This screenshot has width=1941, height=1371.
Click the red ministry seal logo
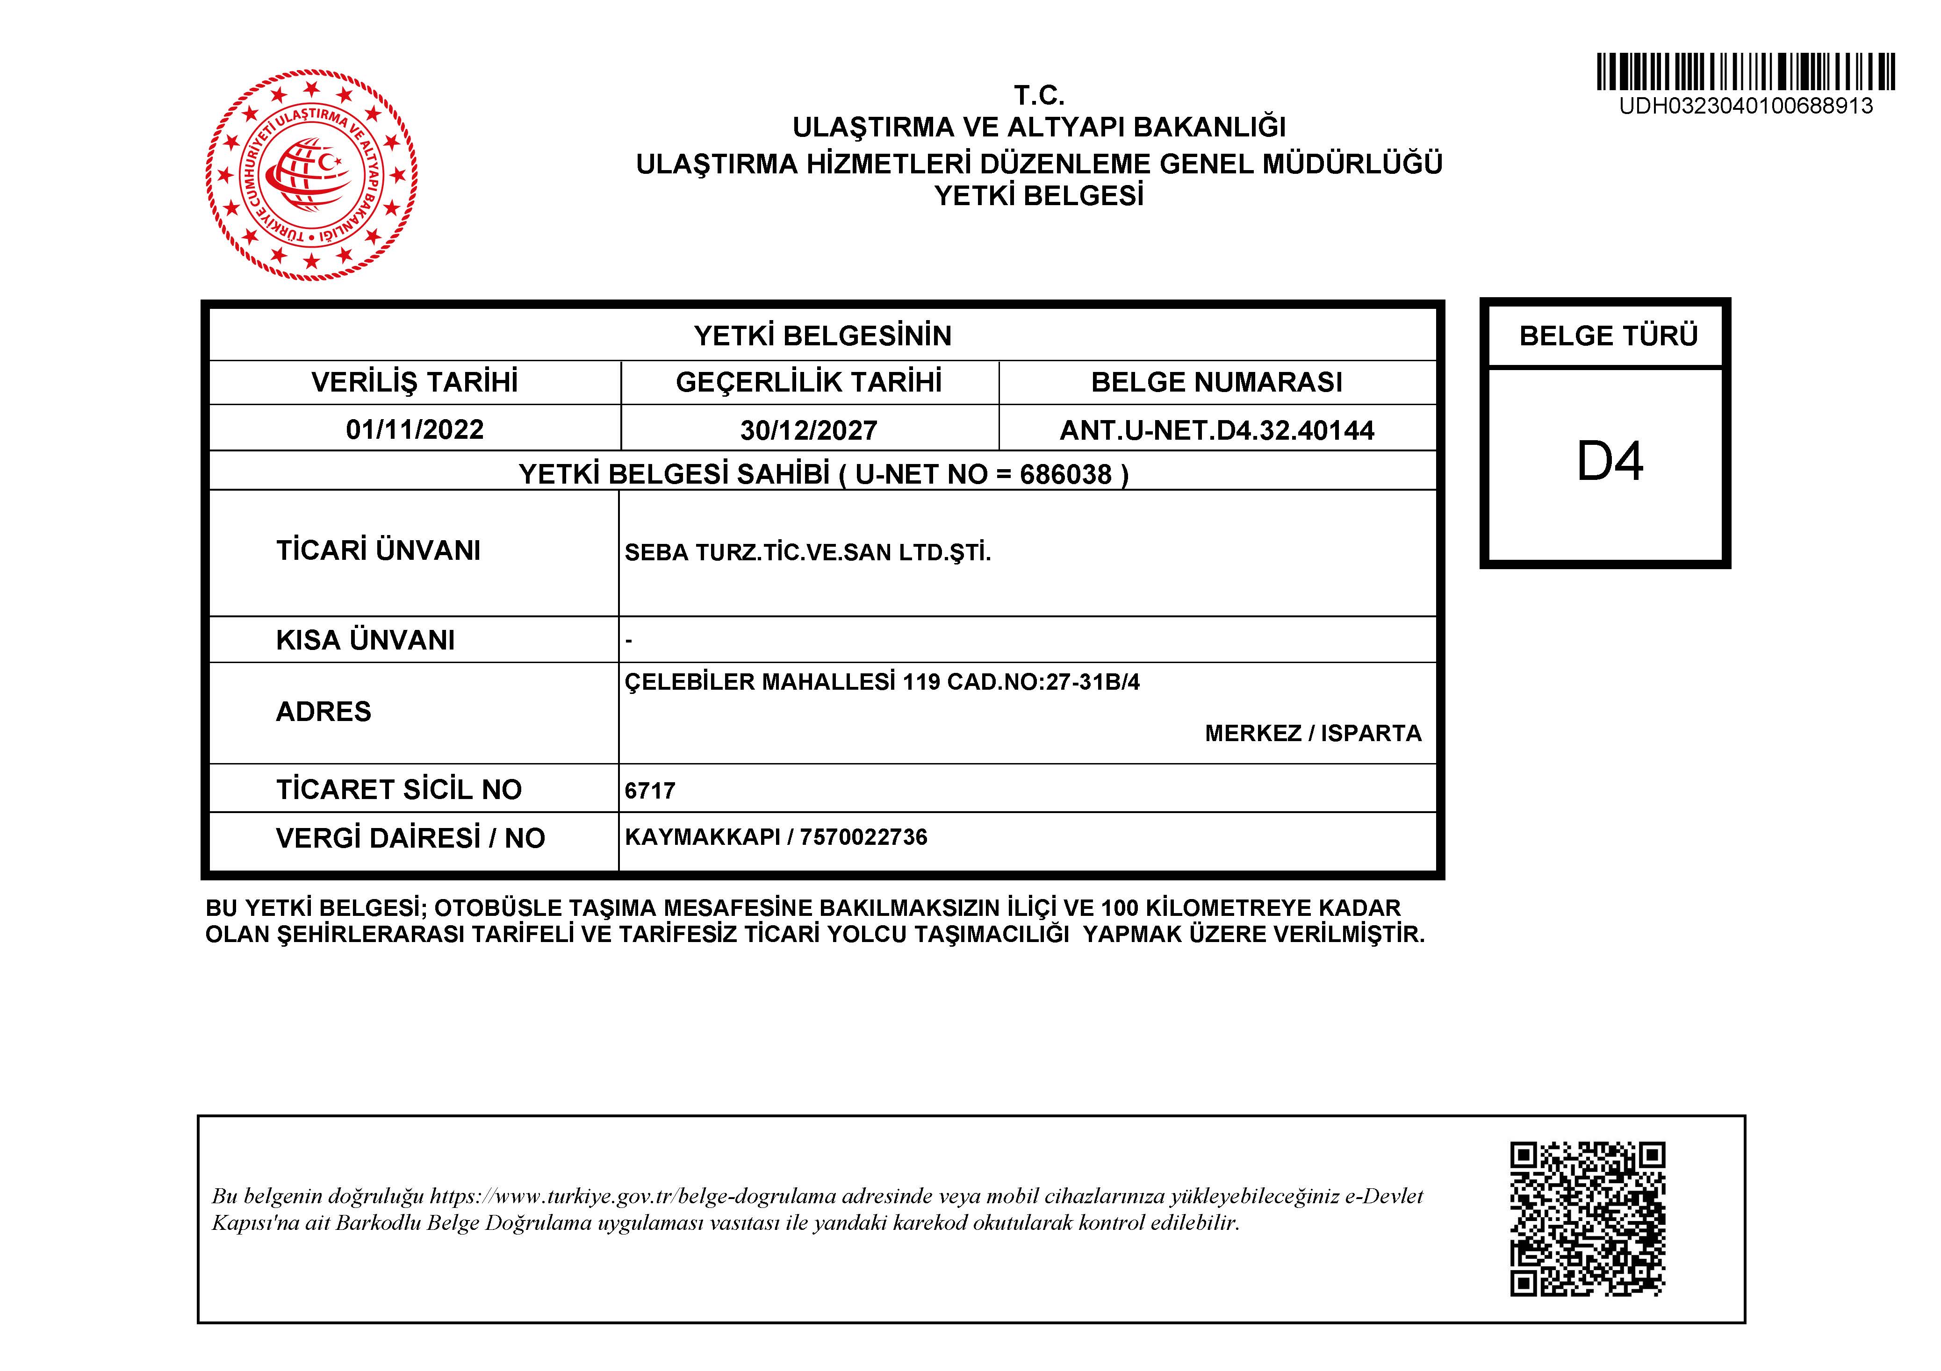pos(311,175)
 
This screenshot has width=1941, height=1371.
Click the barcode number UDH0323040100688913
pos(1746,107)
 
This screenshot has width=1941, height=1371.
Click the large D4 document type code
pos(1610,462)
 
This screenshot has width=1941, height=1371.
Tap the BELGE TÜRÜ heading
pos(1608,336)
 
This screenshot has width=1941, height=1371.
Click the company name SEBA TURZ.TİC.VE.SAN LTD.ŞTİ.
pos(807,553)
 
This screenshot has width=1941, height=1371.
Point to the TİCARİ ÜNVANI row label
pos(378,550)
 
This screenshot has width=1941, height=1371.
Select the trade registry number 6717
pos(649,790)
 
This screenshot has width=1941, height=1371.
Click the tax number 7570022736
pos(863,837)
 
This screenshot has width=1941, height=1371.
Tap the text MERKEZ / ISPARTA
pos(1313,733)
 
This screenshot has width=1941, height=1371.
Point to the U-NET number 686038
pos(1065,474)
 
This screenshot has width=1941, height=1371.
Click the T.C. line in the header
pos(1039,95)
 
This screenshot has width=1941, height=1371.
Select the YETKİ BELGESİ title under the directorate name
pos(1039,196)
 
